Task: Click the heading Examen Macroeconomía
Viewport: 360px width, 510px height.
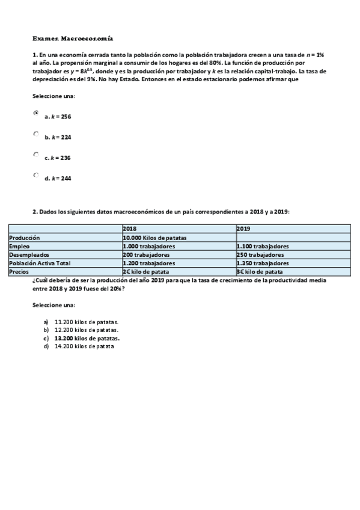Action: pyautogui.click(x=72, y=37)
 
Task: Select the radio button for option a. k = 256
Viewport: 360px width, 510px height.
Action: pyautogui.click(x=36, y=112)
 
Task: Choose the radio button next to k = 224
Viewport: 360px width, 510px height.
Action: pyautogui.click(x=36, y=134)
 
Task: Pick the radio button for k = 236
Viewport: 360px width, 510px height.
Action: pyautogui.click(x=36, y=155)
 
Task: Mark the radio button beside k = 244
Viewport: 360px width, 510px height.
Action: pyautogui.click(x=36, y=175)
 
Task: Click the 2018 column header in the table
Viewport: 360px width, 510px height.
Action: pyautogui.click(x=129, y=229)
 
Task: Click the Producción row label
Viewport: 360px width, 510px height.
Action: pyautogui.click(x=25, y=238)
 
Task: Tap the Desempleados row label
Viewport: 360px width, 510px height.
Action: pyautogui.click(x=29, y=254)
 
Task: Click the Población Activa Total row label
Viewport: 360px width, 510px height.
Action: pyautogui.click(x=40, y=263)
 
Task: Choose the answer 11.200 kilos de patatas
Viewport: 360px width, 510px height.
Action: pyautogui.click(x=86, y=322)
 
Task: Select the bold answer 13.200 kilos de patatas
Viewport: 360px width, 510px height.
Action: pyautogui.click(x=87, y=338)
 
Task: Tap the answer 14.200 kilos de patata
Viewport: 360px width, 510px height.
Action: pyautogui.click(x=84, y=346)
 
